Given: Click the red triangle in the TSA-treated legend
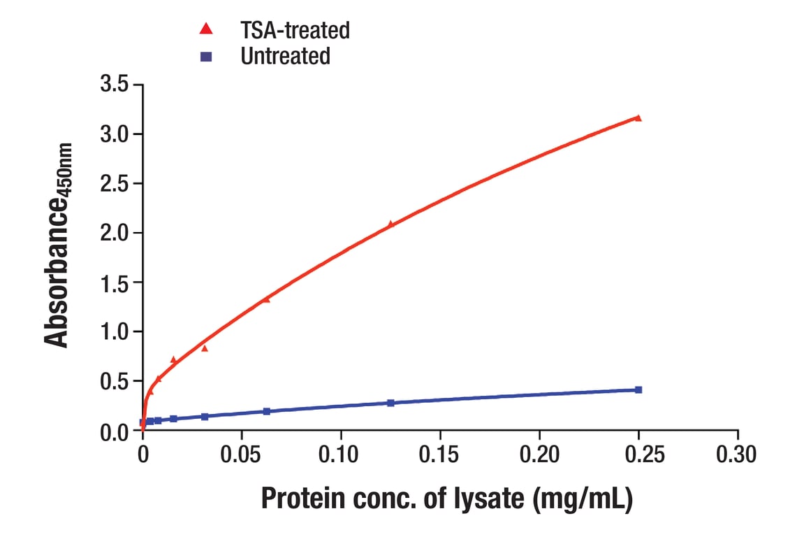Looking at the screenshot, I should (x=206, y=29).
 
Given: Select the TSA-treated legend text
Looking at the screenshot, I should (x=295, y=30).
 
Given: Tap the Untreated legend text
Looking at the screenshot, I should (x=285, y=56).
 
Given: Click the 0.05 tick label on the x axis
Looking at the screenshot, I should (x=242, y=455).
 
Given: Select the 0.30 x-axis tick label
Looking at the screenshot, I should (x=738, y=455).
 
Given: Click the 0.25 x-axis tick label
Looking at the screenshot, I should (x=638, y=455).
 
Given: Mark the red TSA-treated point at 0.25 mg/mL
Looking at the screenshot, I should (x=638, y=118).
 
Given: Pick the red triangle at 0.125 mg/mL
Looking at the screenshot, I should (x=390, y=224).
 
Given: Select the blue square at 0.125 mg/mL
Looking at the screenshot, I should (x=390, y=403).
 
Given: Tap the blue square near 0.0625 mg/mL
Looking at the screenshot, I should (x=267, y=411).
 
